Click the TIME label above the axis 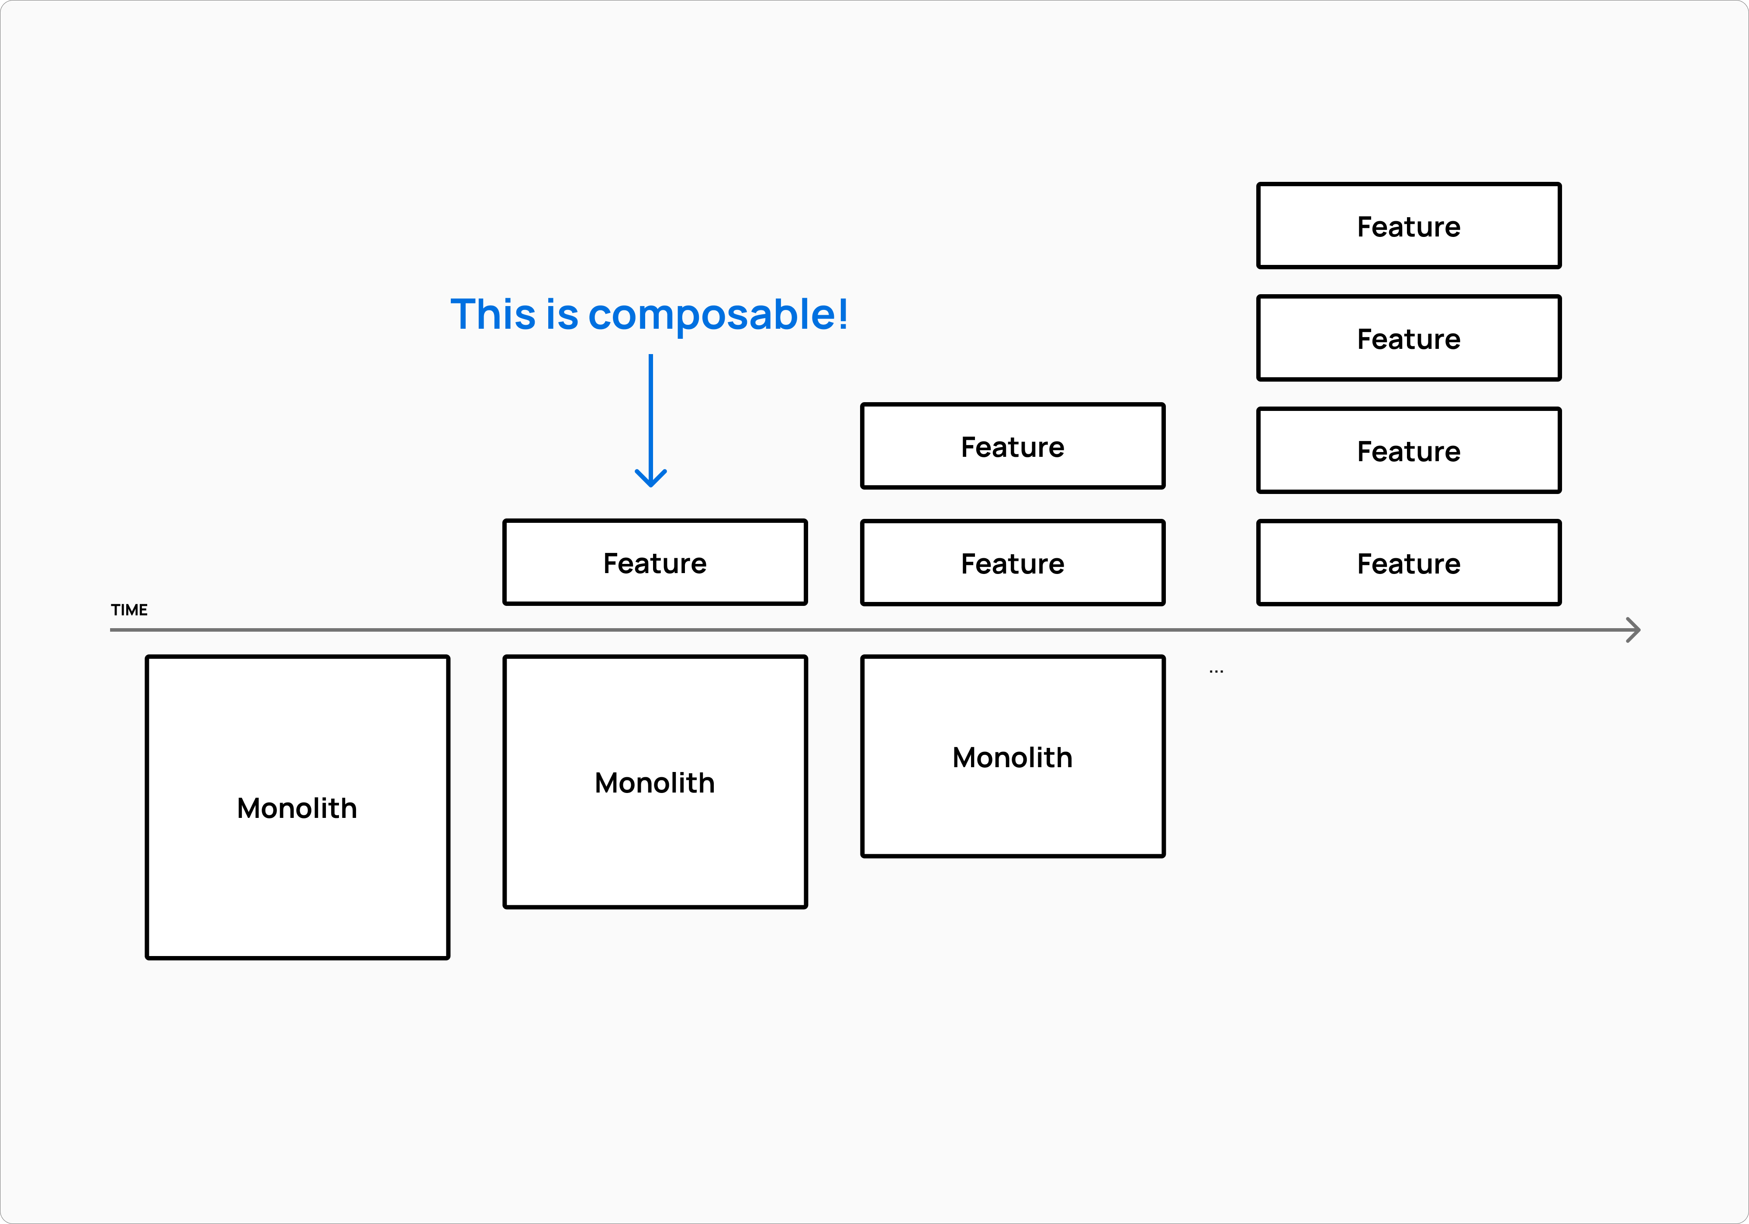[129, 610]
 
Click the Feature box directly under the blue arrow [654, 563]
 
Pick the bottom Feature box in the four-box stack [1408, 563]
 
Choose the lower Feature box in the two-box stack [1013, 563]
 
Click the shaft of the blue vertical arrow [650, 411]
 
